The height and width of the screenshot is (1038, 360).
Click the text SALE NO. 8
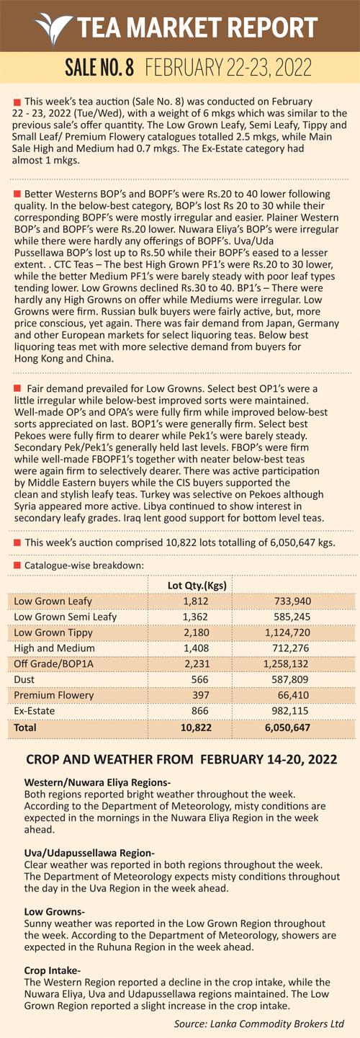[99, 68]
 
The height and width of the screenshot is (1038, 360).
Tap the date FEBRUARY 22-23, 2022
[228, 68]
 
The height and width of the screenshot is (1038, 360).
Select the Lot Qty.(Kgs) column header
[197, 585]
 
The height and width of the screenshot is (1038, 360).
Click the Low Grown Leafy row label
[53, 601]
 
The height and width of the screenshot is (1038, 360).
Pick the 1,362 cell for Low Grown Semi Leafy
[196, 617]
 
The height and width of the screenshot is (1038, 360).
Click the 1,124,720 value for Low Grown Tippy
[287, 632]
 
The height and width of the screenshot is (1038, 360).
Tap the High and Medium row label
[54, 648]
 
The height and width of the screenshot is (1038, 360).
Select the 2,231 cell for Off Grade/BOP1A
[197, 663]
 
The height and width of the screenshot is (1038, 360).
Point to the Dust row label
[24, 679]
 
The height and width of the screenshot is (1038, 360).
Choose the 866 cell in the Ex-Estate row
[200, 711]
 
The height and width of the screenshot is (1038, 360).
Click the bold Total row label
[25, 727]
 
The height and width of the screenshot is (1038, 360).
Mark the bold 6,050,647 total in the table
[287, 728]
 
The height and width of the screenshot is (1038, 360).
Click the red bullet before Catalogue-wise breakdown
[17, 565]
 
